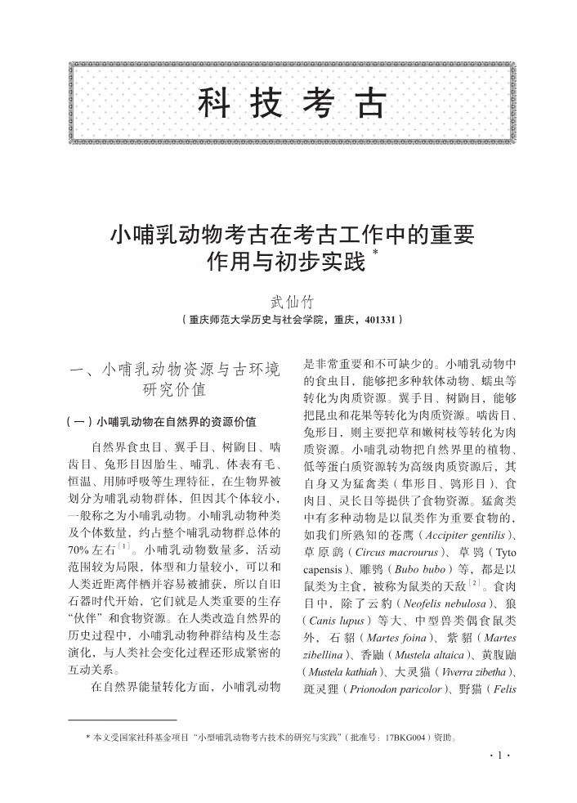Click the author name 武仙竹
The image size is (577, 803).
[x=291, y=302]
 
